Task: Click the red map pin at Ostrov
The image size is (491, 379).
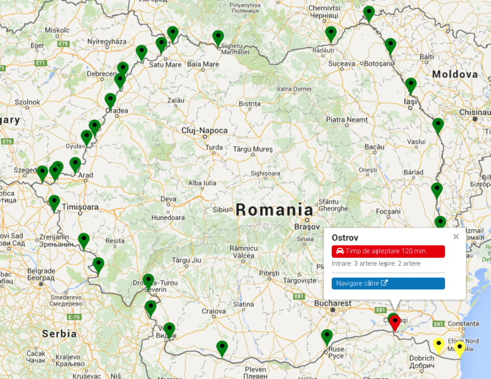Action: tap(395, 323)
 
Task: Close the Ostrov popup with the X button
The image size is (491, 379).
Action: tap(456, 237)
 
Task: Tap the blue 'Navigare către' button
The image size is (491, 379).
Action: tap(388, 284)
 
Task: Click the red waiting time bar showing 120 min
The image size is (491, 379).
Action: tap(388, 251)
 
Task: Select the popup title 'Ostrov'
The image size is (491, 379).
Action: tap(345, 238)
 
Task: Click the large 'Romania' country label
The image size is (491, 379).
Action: tap(274, 210)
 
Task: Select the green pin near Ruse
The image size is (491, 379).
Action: tap(327, 337)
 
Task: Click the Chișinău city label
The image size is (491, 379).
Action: tap(475, 112)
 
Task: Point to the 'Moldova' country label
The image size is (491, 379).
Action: tap(455, 75)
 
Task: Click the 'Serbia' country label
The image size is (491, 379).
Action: tap(59, 333)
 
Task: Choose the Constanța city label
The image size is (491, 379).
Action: tap(468, 324)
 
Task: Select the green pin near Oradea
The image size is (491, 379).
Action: tap(110, 100)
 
